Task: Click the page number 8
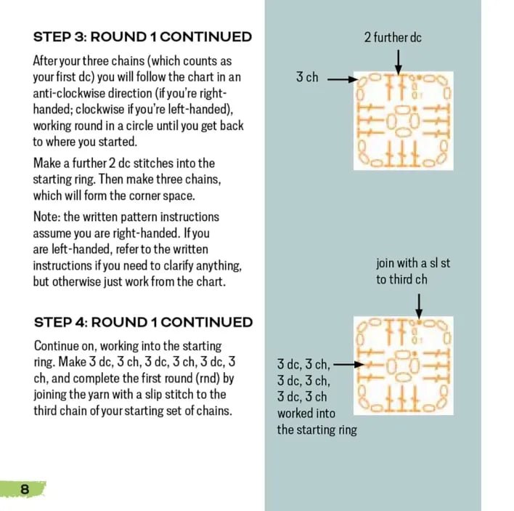[25, 489]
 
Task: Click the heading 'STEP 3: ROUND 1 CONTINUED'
[142, 37]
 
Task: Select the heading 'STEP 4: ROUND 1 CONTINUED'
[143, 322]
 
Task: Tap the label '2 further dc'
[392, 37]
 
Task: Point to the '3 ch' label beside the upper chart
[307, 77]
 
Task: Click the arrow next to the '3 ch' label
[338, 78]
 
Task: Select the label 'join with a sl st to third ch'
[412, 270]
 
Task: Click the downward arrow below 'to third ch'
[419, 304]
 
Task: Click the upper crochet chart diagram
[403, 121]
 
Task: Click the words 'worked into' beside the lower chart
[306, 413]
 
